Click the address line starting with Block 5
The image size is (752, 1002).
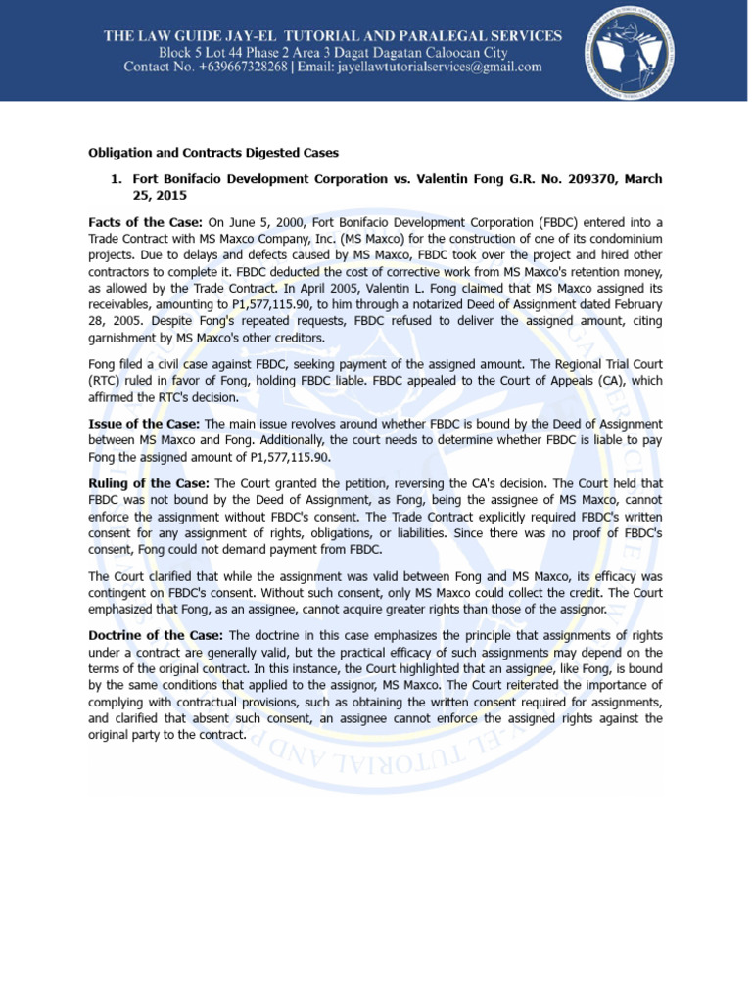click(x=333, y=52)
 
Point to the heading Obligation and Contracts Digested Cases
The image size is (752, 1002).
click(x=213, y=154)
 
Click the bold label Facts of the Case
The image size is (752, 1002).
click(x=146, y=223)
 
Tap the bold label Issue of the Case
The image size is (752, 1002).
click(x=144, y=423)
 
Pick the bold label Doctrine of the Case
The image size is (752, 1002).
click(x=157, y=635)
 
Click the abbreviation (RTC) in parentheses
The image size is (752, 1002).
click(x=107, y=380)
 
